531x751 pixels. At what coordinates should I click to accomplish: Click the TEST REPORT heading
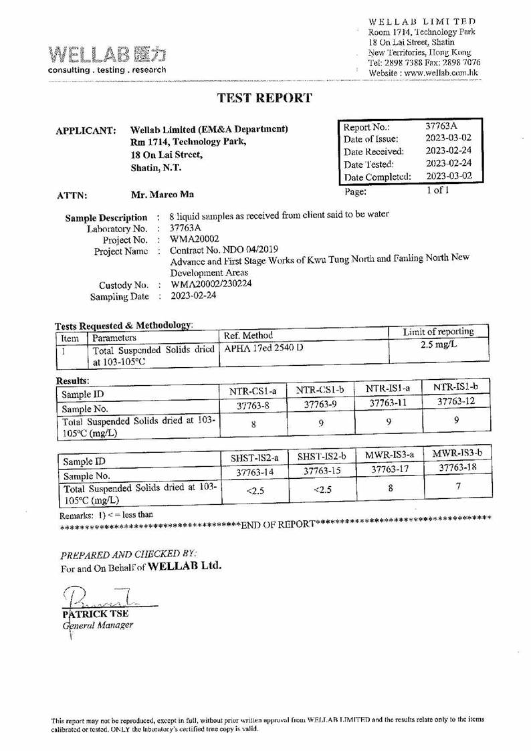(x=265, y=98)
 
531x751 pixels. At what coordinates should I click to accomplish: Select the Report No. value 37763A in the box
(x=442, y=126)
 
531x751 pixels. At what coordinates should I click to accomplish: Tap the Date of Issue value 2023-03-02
(x=449, y=138)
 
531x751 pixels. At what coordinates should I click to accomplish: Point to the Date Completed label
(x=377, y=177)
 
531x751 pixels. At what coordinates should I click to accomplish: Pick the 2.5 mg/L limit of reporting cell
(x=438, y=344)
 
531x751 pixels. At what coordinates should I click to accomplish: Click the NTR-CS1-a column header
(x=253, y=391)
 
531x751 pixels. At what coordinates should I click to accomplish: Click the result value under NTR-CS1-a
(x=253, y=423)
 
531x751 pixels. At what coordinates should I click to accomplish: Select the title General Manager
(x=98, y=625)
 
